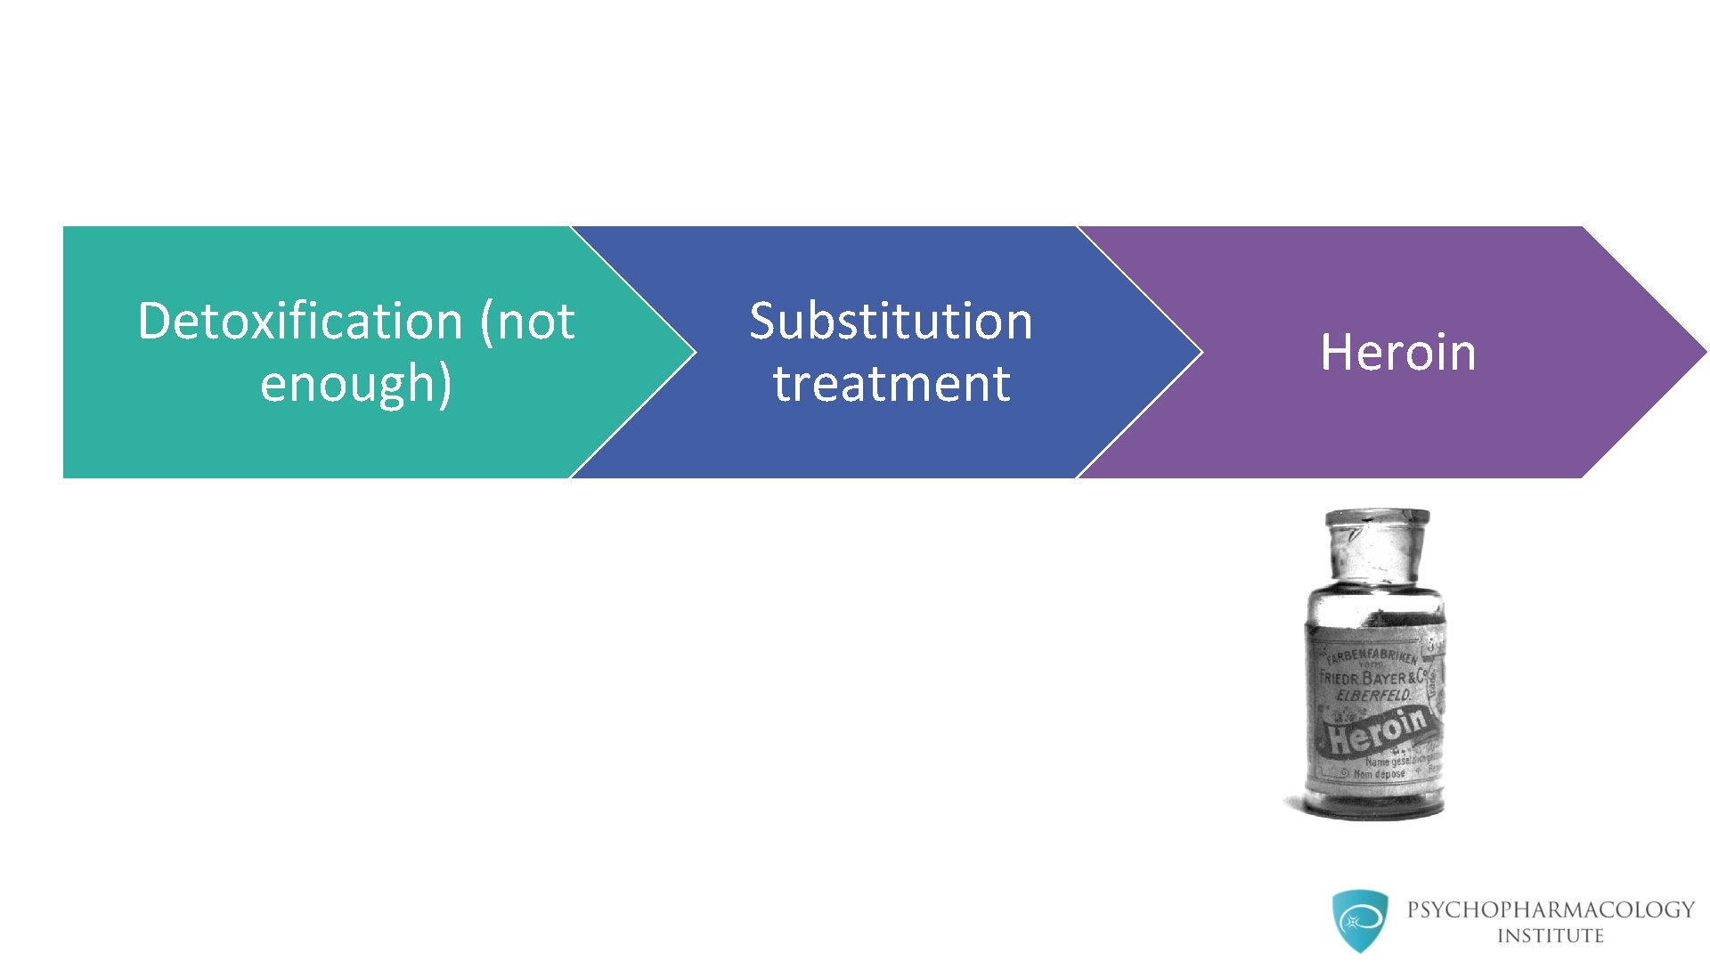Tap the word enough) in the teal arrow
356,384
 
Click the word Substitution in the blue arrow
891,321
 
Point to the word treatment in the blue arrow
892,384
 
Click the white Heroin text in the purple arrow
1397,352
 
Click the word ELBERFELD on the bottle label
1372,695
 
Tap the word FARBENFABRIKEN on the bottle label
1371,657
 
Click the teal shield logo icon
1360,921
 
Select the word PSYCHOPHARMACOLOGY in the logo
1551,909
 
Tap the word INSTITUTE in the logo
1550,936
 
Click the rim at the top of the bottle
1377,518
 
